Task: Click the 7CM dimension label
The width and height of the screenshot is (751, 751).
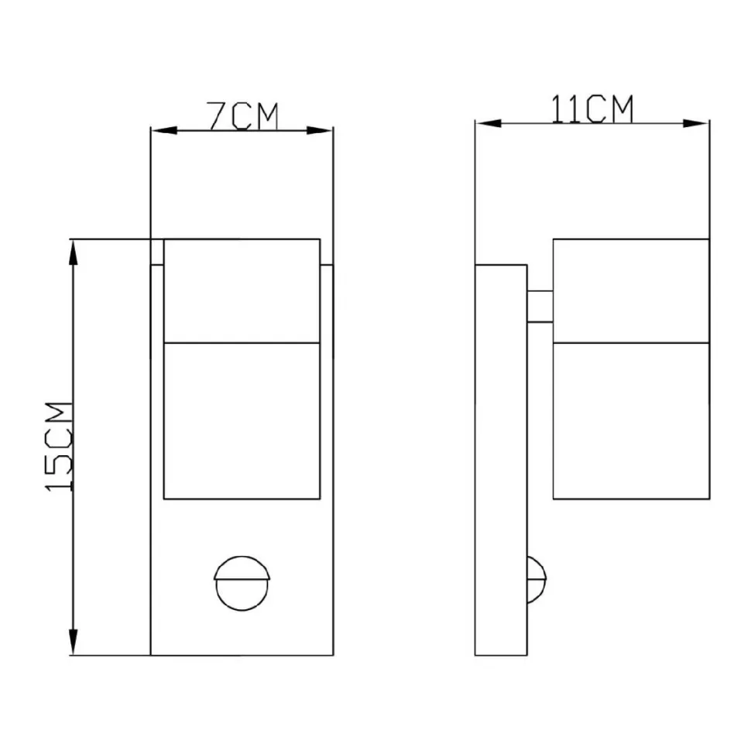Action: click(x=243, y=116)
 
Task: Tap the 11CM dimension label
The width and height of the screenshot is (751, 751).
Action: click(x=592, y=109)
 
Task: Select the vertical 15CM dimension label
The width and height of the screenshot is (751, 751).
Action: click(x=58, y=447)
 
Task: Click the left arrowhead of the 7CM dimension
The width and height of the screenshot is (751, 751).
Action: click(x=164, y=130)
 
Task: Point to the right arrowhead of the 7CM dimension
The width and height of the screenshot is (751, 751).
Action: click(x=320, y=130)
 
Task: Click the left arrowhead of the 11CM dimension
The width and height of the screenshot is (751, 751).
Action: click(x=489, y=124)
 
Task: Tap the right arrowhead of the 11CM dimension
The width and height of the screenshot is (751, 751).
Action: click(x=696, y=124)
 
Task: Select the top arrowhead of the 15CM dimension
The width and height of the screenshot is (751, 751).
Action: click(x=73, y=252)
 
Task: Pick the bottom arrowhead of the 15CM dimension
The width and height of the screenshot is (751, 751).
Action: click(x=73, y=642)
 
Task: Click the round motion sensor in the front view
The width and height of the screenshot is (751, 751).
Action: click(x=242, y=582)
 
